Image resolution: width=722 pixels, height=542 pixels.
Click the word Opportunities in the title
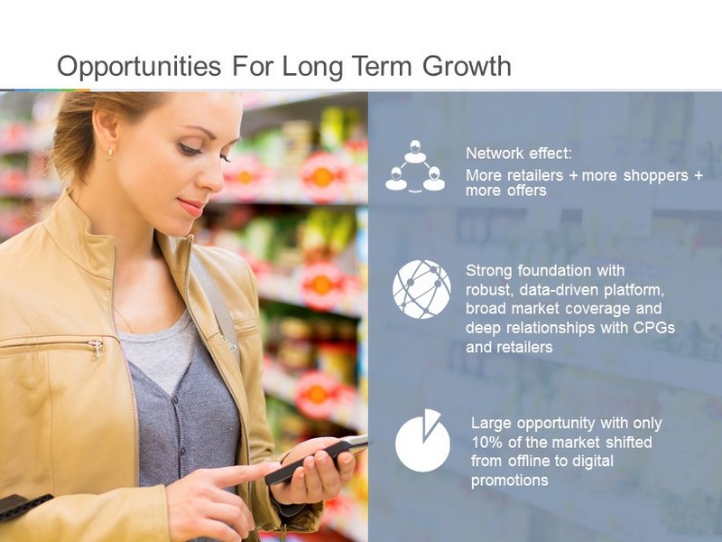tap(139, 67)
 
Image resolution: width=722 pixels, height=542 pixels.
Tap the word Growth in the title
tap(467, 66)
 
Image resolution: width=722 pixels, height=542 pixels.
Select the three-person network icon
tap(415, 166)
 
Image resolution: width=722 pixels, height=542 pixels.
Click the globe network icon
tap(421, 289)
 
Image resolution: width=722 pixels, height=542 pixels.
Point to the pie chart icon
tap(422, 441)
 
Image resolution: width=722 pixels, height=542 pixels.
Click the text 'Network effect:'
tap(518, 154)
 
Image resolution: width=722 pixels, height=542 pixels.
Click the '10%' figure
tap(486, 443)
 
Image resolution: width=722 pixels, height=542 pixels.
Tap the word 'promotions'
tap(509, 481)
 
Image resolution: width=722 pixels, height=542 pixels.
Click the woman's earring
tap(109, 154)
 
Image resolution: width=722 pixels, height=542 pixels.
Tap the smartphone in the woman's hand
tap(317, 460)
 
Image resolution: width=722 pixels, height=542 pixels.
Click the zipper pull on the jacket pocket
tap(97, 349)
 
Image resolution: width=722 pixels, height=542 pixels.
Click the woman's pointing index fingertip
tap(273, 467)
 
